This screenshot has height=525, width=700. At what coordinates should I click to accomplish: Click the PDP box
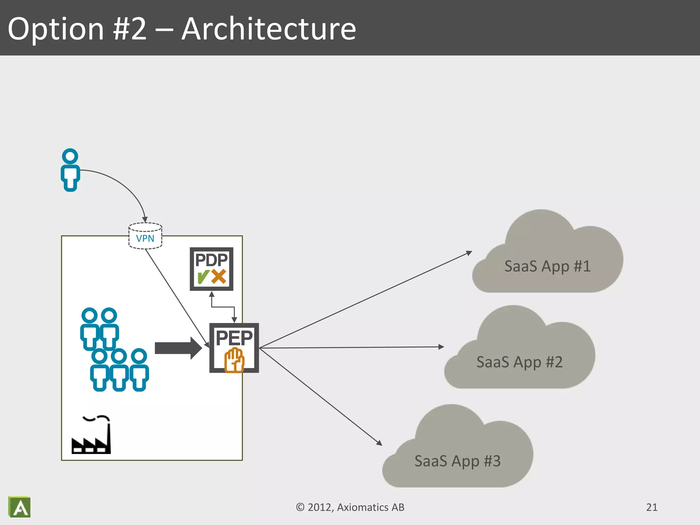[211, 269]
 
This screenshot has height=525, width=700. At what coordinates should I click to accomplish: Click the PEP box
[234, 347]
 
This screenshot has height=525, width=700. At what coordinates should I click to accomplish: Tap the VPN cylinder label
[145, 238]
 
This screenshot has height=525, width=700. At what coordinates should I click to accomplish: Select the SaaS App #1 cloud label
[547, 266]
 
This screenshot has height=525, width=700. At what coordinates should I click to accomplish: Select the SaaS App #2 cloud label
[519, 362]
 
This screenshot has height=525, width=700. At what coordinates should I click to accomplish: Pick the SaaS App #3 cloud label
[457, 461]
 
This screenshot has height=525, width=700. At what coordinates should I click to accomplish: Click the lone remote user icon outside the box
[70, 170]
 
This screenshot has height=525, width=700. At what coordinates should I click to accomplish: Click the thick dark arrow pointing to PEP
[178, 348]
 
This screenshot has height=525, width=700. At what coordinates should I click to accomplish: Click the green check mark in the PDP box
[203, 277]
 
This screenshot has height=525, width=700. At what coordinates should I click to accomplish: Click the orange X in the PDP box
[219, 277]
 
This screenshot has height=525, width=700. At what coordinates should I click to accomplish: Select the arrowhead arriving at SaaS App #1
[469, 253]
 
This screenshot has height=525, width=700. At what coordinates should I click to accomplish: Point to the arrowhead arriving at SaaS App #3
[379, 443]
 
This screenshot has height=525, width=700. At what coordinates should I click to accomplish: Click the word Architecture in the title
[269, 29]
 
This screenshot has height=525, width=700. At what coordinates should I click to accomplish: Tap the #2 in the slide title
[130, 29]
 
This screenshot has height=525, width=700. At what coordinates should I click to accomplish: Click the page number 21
[651, 507]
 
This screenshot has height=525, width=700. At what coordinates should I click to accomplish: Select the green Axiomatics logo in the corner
[19, 507]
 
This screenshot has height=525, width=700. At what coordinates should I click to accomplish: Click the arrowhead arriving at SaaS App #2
[441, 347]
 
